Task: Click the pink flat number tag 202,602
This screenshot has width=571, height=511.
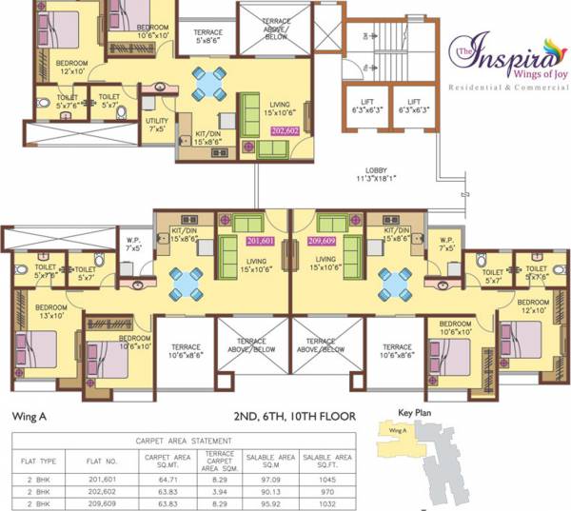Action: tap(285, 129)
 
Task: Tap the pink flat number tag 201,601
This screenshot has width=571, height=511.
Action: tap(260, 241)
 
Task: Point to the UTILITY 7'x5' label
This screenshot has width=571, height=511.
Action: tap(157, 125)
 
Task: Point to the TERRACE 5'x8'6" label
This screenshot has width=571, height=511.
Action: tap(207, 37)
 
